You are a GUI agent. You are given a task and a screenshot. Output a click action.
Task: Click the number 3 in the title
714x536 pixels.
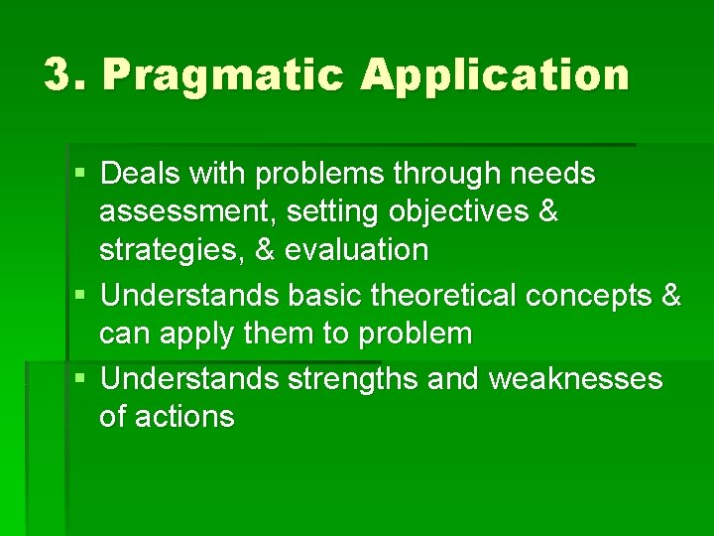[x=60, y=75]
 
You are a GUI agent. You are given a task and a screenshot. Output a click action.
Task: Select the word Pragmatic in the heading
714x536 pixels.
[x=223, y=76]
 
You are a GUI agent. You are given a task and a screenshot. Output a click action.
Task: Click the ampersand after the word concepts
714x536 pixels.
[x=671, y=295]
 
